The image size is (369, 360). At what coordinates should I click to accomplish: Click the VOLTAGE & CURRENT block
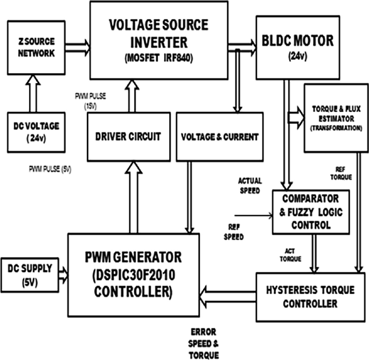(x=220, y=137)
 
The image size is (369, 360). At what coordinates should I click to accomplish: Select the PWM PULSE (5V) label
(x=50, y=170)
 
